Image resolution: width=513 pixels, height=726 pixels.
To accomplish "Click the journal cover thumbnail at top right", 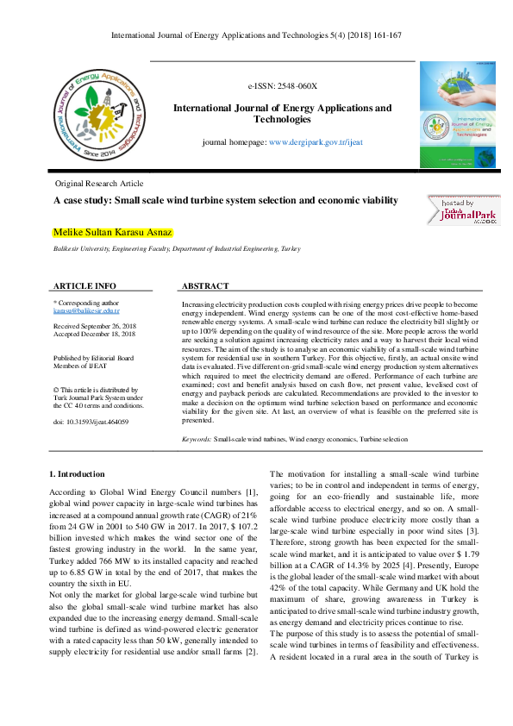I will (x=458, y=114).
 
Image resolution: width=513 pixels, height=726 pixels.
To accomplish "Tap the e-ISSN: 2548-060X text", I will (x=282, y=87).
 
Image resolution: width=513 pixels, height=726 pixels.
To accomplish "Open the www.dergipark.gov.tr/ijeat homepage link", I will (x=316, y=141).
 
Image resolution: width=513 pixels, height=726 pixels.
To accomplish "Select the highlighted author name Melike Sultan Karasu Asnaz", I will (x=113, y=232).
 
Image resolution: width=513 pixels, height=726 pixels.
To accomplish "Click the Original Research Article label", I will (x=99, y=185).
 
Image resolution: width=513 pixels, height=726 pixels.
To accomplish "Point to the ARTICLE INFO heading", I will (x=84, y=285).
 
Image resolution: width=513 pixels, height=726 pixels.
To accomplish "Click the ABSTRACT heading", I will (x=205, y=285).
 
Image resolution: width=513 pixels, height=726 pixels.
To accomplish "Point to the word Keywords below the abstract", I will (x=197, y=440).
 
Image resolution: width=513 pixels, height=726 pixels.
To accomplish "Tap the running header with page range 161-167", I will (x=256, y=35).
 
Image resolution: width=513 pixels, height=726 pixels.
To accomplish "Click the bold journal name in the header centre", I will (x=282, y=114).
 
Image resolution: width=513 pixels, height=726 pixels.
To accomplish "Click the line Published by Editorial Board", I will (x=94, y=357).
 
